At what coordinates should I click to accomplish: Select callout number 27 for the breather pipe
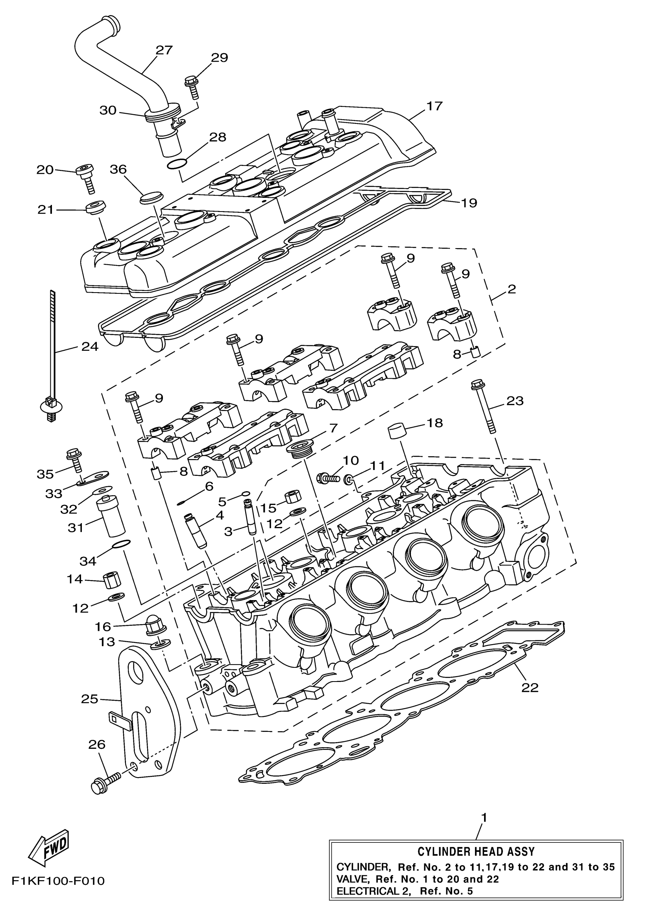point(164,50)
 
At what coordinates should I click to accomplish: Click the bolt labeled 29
point(192,86)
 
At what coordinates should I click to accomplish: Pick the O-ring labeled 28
point(177,164)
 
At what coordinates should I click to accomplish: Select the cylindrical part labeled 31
point(109,517)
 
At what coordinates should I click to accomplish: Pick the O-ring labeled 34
point(121,544)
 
